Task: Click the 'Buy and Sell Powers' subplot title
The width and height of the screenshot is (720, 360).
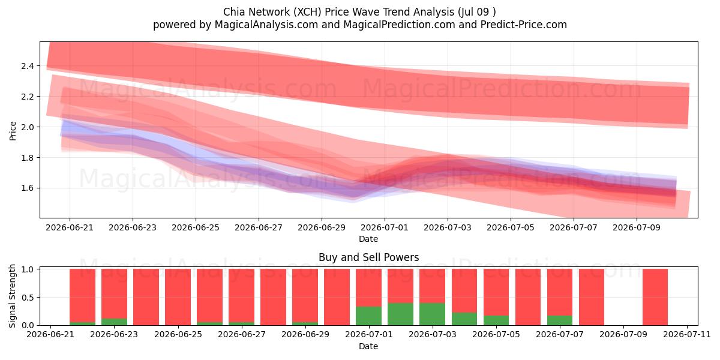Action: [x=368, y=257]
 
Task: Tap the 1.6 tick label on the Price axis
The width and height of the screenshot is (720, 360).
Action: [x=28, y=188]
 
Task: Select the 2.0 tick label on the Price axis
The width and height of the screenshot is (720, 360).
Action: [x=28, y=127]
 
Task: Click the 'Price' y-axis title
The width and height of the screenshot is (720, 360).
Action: [x=13, y=131]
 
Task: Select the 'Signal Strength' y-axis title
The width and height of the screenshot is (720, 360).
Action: [x=12, y=296]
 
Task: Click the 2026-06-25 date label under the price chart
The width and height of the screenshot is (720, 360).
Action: [x=196, y=227]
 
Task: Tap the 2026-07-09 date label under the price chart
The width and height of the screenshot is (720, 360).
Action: [x=637, y=227]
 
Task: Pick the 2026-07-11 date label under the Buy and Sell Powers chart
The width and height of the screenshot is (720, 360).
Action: [x=687, y=334]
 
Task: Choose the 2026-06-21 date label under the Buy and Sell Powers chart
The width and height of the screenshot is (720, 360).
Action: [x=50, y=334]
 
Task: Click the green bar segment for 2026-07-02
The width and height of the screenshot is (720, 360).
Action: [x=400, y=314]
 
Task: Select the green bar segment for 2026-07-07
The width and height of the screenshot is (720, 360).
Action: [x=560, y=320]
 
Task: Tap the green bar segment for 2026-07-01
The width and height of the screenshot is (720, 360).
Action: [x=368, y=316]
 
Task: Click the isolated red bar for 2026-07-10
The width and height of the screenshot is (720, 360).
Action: [x=655, y=297]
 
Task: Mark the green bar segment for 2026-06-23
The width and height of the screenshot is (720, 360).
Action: [x=114, y=322]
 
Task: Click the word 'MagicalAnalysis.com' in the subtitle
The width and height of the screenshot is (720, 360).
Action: [x=266, y=25]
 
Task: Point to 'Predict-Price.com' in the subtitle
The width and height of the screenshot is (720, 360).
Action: [x=524, y=25]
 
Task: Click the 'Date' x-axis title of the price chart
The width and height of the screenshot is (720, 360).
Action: [x=368, y=239]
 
